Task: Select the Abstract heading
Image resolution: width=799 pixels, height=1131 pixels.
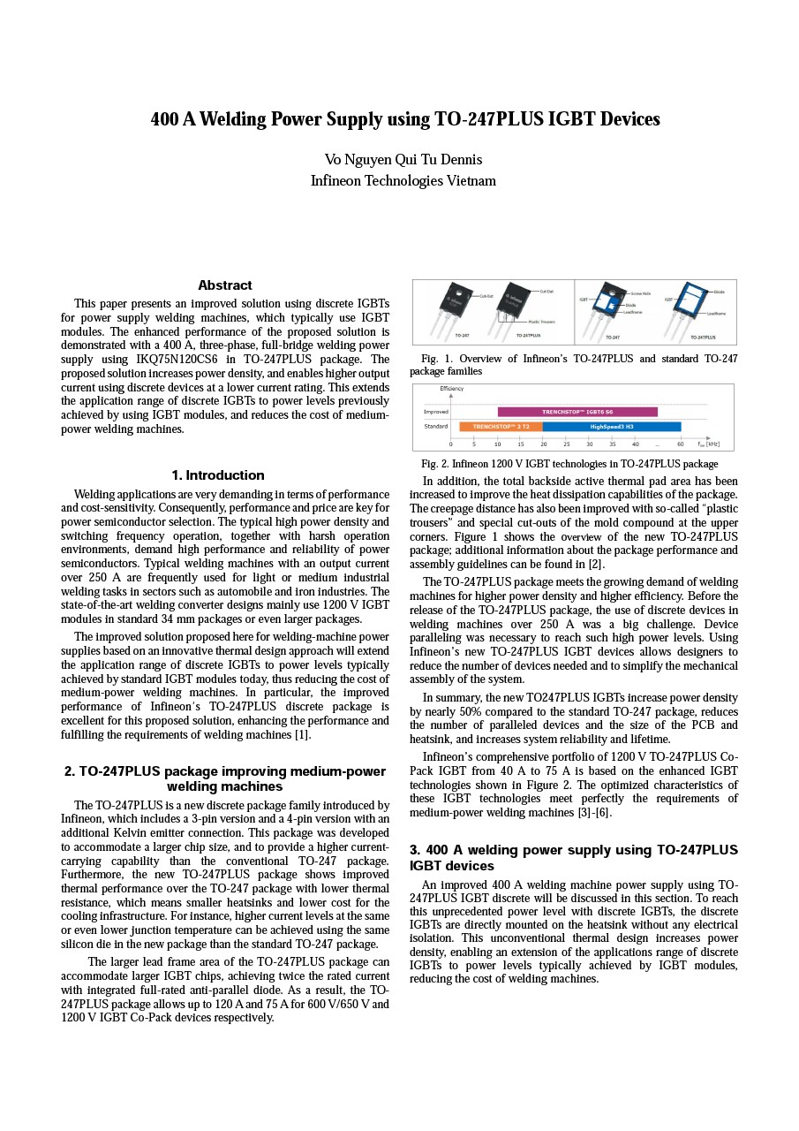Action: coord(225,285)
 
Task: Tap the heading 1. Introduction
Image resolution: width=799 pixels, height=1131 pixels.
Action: coord(218,475)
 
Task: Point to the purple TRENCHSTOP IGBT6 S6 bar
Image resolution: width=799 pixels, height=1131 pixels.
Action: coord(577,412)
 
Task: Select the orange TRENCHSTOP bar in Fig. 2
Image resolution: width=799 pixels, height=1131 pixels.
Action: coord(501,427)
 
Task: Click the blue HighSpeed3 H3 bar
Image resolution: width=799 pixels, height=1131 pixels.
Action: coord(612,427)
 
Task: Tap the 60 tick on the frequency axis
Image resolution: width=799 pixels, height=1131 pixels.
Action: coord(681,444)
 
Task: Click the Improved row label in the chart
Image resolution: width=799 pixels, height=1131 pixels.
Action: coord(435,412)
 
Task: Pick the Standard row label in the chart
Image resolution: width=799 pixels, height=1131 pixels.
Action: coord(435,427)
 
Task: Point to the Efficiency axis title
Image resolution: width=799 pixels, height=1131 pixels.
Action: coord(451,389)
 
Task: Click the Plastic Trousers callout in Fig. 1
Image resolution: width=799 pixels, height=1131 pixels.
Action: coord(541,323)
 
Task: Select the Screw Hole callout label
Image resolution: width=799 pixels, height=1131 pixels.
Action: coord(640,293)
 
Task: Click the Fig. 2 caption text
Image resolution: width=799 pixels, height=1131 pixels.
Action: coord(569,464)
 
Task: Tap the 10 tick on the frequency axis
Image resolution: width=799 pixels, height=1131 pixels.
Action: coord(497,444)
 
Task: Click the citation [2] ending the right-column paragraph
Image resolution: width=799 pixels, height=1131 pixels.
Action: coord(597,565)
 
